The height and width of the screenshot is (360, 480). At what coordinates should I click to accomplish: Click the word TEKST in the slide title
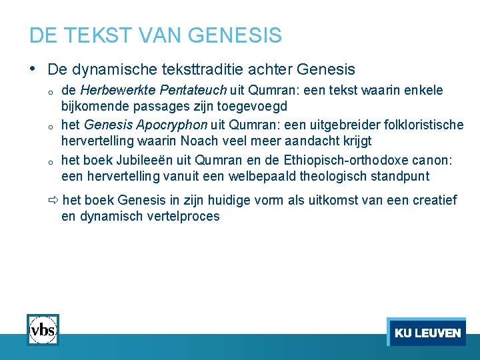(83, 35)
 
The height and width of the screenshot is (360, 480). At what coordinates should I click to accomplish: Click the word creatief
(437, 200)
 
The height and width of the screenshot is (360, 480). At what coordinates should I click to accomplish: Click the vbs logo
(43, 329)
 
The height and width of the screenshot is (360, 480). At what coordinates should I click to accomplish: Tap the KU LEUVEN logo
(427, 332)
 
